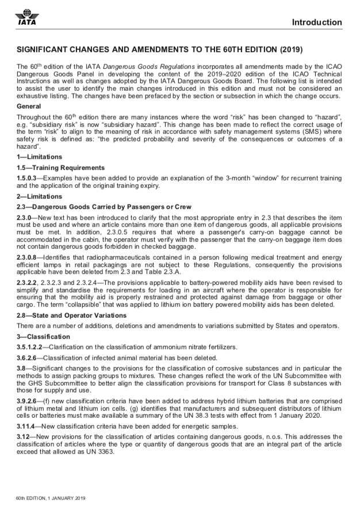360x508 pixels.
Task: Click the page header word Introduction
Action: (316, 22)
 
